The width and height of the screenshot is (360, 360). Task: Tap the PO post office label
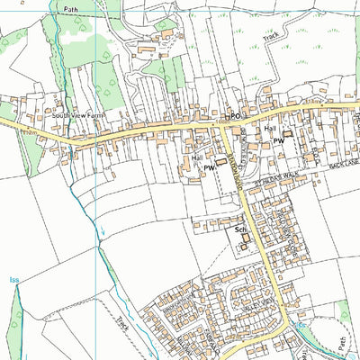[236, 117]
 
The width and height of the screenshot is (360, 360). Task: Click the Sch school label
[240, 230]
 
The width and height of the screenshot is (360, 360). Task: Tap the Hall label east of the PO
[270, 129]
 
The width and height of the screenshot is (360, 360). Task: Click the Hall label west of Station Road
[196, 157]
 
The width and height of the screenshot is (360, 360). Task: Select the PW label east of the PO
[279, 141]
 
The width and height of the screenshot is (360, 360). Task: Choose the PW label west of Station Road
[208, 168]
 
